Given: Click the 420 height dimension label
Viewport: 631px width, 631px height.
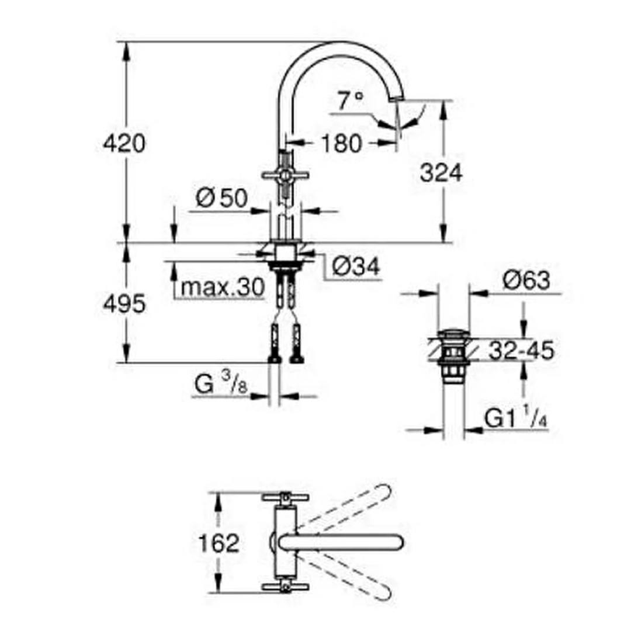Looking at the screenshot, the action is [x=124, y=143].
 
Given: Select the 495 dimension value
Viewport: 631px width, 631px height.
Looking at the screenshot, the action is [x=124, y=304].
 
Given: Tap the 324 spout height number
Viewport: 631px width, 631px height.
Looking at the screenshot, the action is [x=441, y=173].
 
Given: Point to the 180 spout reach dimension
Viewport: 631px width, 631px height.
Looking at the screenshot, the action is [x=342, y=143].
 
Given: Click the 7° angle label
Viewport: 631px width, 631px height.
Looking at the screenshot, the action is [x=351, y=100].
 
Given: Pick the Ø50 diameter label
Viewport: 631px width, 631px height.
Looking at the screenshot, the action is [x=222, y=198].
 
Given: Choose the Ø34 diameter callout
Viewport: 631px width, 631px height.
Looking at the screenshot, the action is [x=356, y=266].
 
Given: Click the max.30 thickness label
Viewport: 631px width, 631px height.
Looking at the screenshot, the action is [x=223, y=287].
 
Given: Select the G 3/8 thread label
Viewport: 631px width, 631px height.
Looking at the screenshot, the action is [x=221, y=383].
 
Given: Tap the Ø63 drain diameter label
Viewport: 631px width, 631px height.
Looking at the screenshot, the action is [x=526, y=280].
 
